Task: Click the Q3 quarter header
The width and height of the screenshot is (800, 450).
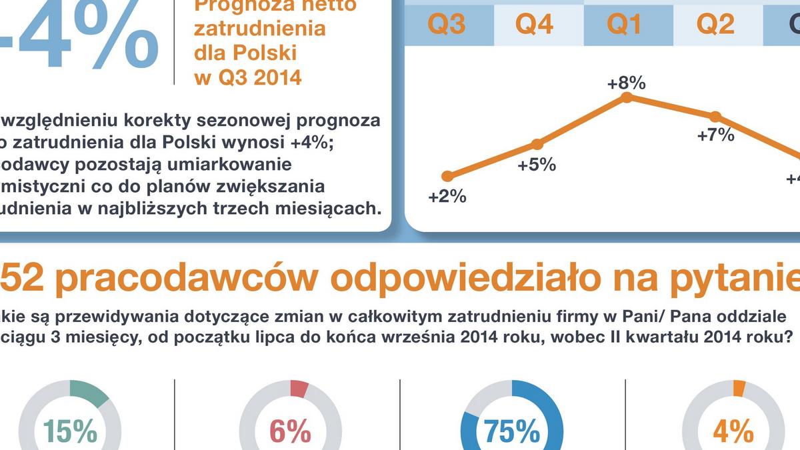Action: [446, 24]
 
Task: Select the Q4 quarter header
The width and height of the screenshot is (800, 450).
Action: [535, 24]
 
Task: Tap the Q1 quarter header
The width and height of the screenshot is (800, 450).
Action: [624, 24]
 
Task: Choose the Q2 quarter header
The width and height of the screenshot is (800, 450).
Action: [715, 24]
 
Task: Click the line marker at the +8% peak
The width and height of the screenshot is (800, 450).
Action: [626, 97]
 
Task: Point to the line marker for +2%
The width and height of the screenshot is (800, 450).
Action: [448, 176]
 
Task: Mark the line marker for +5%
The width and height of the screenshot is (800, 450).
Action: [537, 144]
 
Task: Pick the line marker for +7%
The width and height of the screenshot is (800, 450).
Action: [715, 116]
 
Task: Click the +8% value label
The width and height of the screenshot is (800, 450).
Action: [626, 83]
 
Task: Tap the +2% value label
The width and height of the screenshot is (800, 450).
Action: [447, 197]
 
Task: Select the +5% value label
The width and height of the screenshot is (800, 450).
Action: [537, 164]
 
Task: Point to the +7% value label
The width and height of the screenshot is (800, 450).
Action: [715, 135]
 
